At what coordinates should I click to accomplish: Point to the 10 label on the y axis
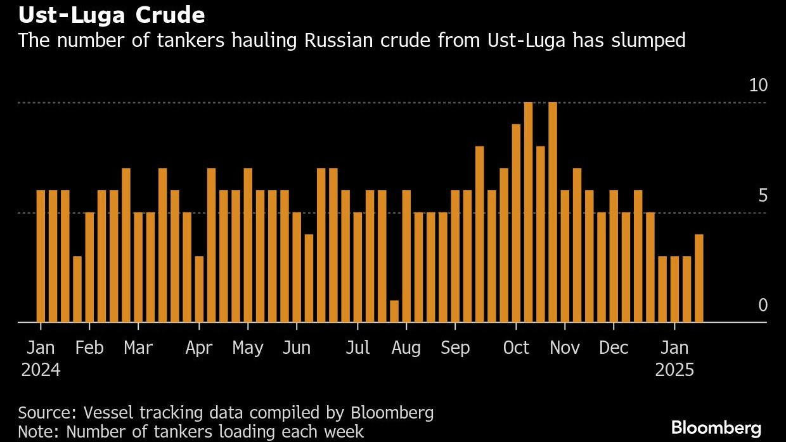(758, 86)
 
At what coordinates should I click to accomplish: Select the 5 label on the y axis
(763, 195)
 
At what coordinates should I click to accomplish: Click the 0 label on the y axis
(763, 305)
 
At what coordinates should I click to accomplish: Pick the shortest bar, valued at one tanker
(394, 311)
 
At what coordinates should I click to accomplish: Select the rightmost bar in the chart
(699, 278)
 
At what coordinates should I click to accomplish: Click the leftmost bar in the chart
(41, 256)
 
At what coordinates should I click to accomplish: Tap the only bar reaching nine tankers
(516, 223)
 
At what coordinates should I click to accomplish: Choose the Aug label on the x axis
(406, 348)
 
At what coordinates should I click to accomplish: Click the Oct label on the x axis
(516, 348)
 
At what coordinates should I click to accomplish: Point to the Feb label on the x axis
(89, 348)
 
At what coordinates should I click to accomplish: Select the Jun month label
(296, 348)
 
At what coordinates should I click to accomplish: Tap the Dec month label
(614, 348)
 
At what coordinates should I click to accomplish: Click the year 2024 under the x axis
(41, 370)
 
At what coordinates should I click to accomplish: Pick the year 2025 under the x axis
(674, 370)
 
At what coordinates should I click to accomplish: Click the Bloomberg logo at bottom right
(716, 427)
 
